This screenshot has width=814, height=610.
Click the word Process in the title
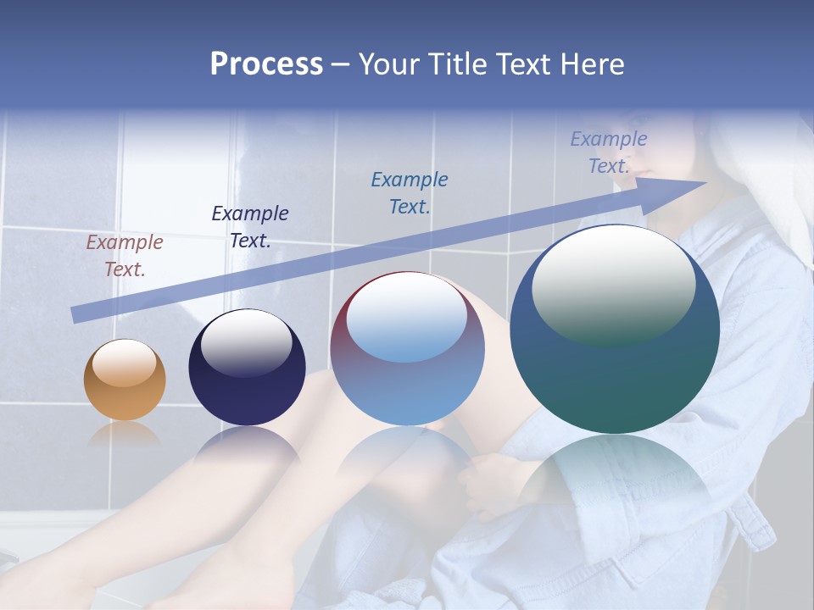tap(266, 64)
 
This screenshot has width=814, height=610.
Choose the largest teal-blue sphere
tap(615, 339)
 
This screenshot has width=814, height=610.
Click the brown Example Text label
tap(124, 256)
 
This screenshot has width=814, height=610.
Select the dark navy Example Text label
tap(249, 227)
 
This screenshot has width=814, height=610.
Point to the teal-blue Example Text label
tap(410, 192)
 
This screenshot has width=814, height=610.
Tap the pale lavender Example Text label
tap(608, 152)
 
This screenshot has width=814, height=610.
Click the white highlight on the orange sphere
tap(125, 363)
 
